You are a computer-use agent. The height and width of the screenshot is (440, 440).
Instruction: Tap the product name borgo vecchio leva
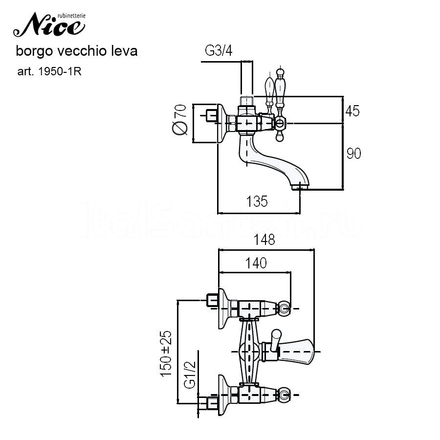[x=77, y=50]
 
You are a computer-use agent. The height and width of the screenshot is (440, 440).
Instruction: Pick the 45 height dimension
[x=352, y=111]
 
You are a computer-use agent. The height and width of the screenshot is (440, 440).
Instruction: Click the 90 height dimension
[x=353, y=154]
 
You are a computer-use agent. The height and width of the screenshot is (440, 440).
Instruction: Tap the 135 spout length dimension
[x=257, y=201]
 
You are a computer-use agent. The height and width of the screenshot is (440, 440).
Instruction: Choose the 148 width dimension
[x=264, y=240]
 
